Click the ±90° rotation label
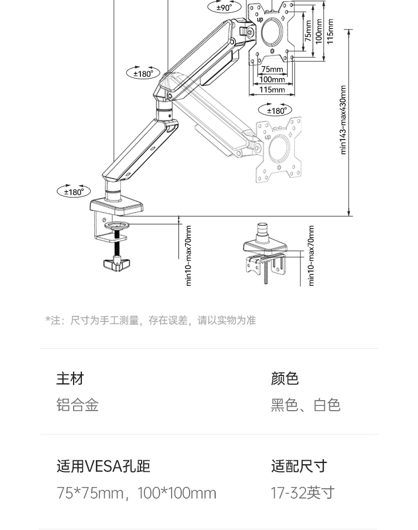point(224,8)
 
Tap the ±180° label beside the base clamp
point(74,192)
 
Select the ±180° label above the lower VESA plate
point(275,110)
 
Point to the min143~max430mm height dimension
point(343,120)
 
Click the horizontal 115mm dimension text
point(272,90)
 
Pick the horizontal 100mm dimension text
point(272,80)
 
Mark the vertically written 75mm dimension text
point(308,31)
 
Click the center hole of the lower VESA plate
point(278,149)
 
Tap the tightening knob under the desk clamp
point(116,263)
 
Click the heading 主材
point(70,379)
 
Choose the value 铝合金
point(77,405)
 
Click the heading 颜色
point(285,379)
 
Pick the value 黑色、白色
point(305,405)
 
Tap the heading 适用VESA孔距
point(104,466)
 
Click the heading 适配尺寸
point(299,466)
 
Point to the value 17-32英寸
point(303,493)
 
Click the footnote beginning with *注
point(150,320)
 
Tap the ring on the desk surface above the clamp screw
point(117,225)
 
